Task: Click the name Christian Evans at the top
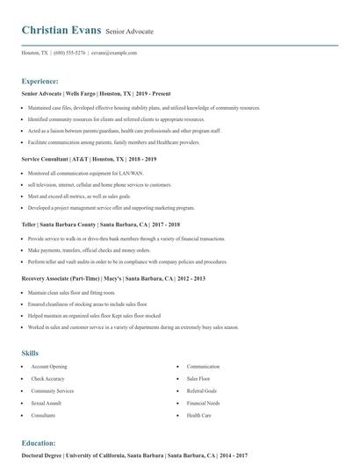[x=61, y=31]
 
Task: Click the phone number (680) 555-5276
[x=69, y=53]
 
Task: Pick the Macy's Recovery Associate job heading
[x=112, y=278]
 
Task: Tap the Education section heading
[x=39, y=443]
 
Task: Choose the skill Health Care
[x=199, y=415]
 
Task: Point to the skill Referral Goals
[x=202, y=390]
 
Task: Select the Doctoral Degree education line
[x=134, y=455]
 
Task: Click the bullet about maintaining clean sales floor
[x=72, y=291]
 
